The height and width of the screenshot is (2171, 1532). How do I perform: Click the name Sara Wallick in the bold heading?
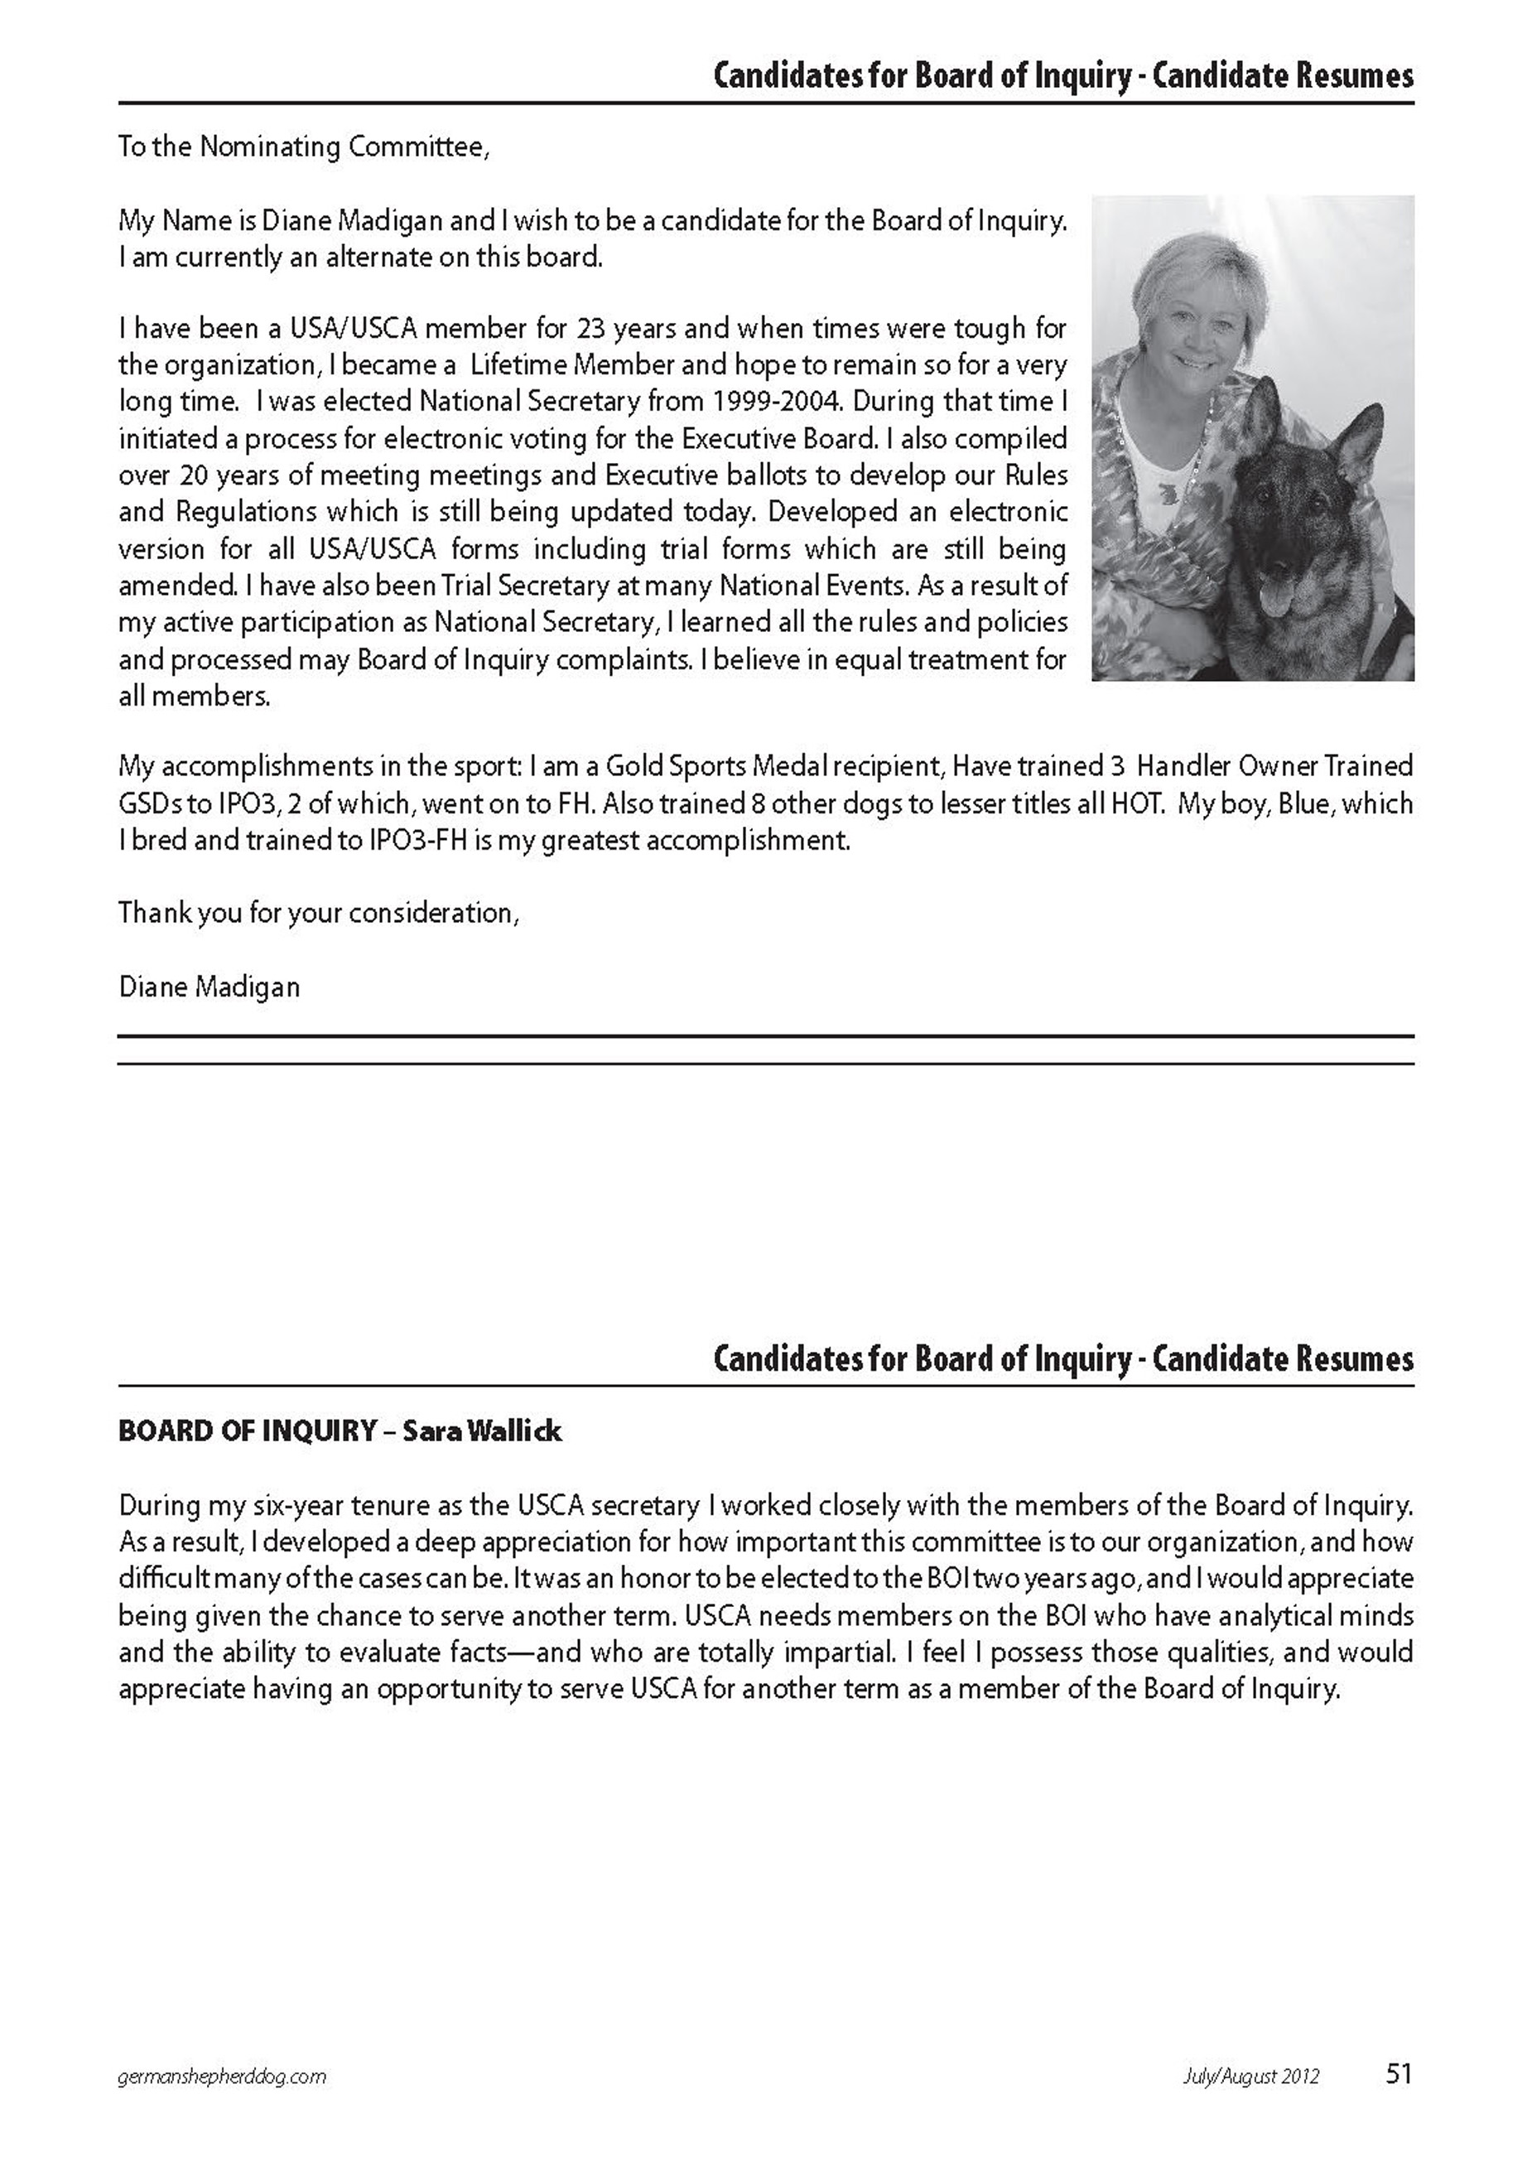tap(482, 1430)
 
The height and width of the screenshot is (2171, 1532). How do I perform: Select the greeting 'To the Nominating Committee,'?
tap(304, 147)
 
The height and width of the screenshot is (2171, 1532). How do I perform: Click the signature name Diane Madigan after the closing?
tap(209, 987)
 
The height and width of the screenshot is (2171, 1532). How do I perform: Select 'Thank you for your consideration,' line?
tap(319, 914)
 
